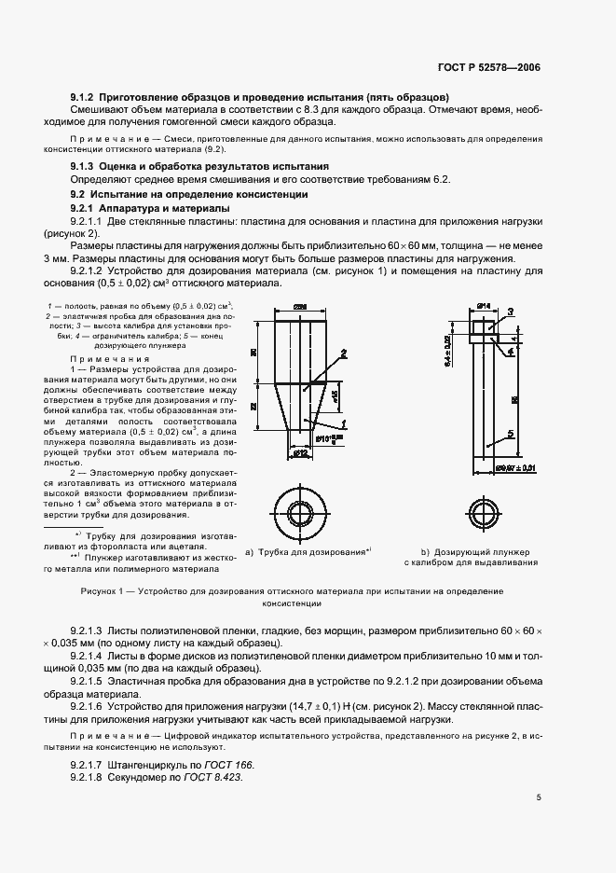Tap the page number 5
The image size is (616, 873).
[x=539, y=797]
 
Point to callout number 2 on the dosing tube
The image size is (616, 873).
[x=344, y=353]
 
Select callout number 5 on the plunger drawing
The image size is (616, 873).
[x=511, y=432]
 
